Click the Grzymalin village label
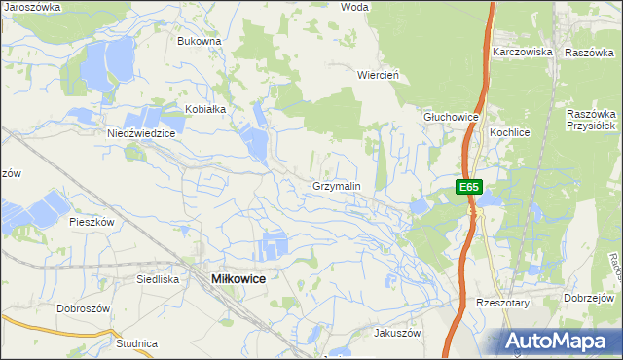337,185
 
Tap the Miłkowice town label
238,278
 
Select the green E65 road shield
469,186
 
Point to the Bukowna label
200,42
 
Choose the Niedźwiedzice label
140,133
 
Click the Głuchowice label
451,117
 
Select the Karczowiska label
522,52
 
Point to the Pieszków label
92,222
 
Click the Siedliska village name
158,278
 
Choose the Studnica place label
136,343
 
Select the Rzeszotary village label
501,303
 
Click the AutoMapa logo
559,341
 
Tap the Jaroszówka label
32,7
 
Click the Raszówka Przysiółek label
593,120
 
